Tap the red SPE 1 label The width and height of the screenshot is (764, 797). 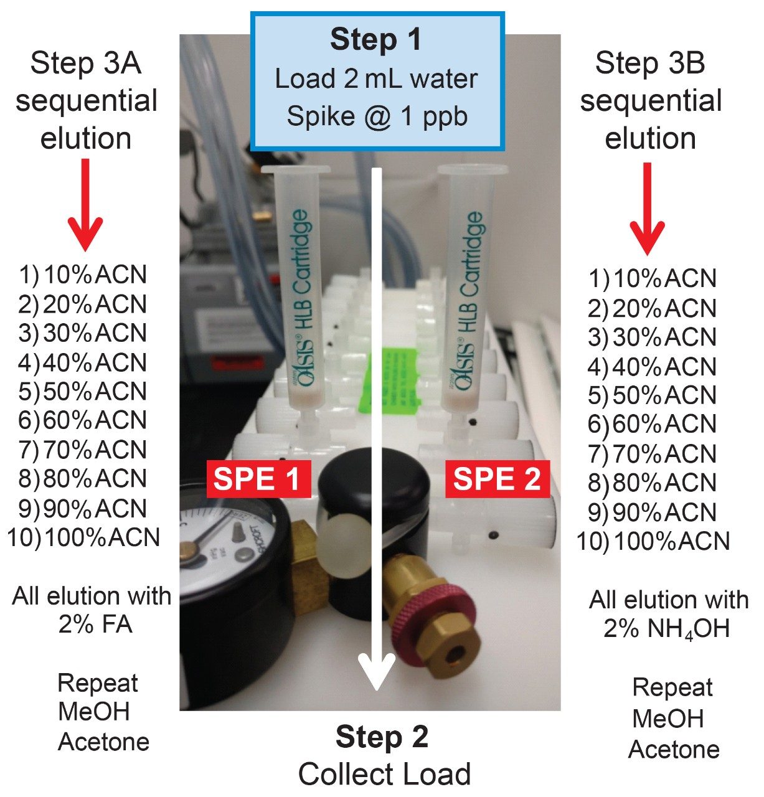pos(258,479)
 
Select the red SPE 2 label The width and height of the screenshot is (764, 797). pos(497,479)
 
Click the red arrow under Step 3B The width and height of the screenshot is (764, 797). pos(648,208)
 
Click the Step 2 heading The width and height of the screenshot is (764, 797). pos(382,737)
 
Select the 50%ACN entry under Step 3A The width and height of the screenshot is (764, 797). pos(82,391)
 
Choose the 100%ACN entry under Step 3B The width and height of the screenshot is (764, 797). pos(654,540)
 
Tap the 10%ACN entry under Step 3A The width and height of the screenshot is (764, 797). pos(82,275)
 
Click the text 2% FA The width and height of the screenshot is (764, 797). pos(95,624)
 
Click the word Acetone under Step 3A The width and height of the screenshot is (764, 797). pos(103,742)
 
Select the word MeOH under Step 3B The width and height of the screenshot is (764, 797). pos(667,719)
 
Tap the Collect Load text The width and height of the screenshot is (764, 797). pos(384,774)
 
